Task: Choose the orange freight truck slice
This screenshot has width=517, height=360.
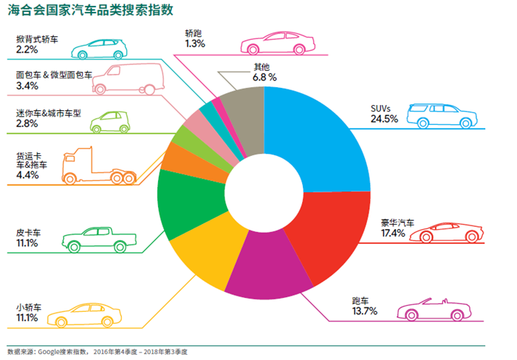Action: tap(176, 157)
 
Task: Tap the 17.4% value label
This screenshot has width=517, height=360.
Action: tap(393, 234)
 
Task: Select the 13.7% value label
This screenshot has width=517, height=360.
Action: tap(364, 311)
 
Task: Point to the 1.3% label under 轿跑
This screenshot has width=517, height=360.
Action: tap(195, 44)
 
